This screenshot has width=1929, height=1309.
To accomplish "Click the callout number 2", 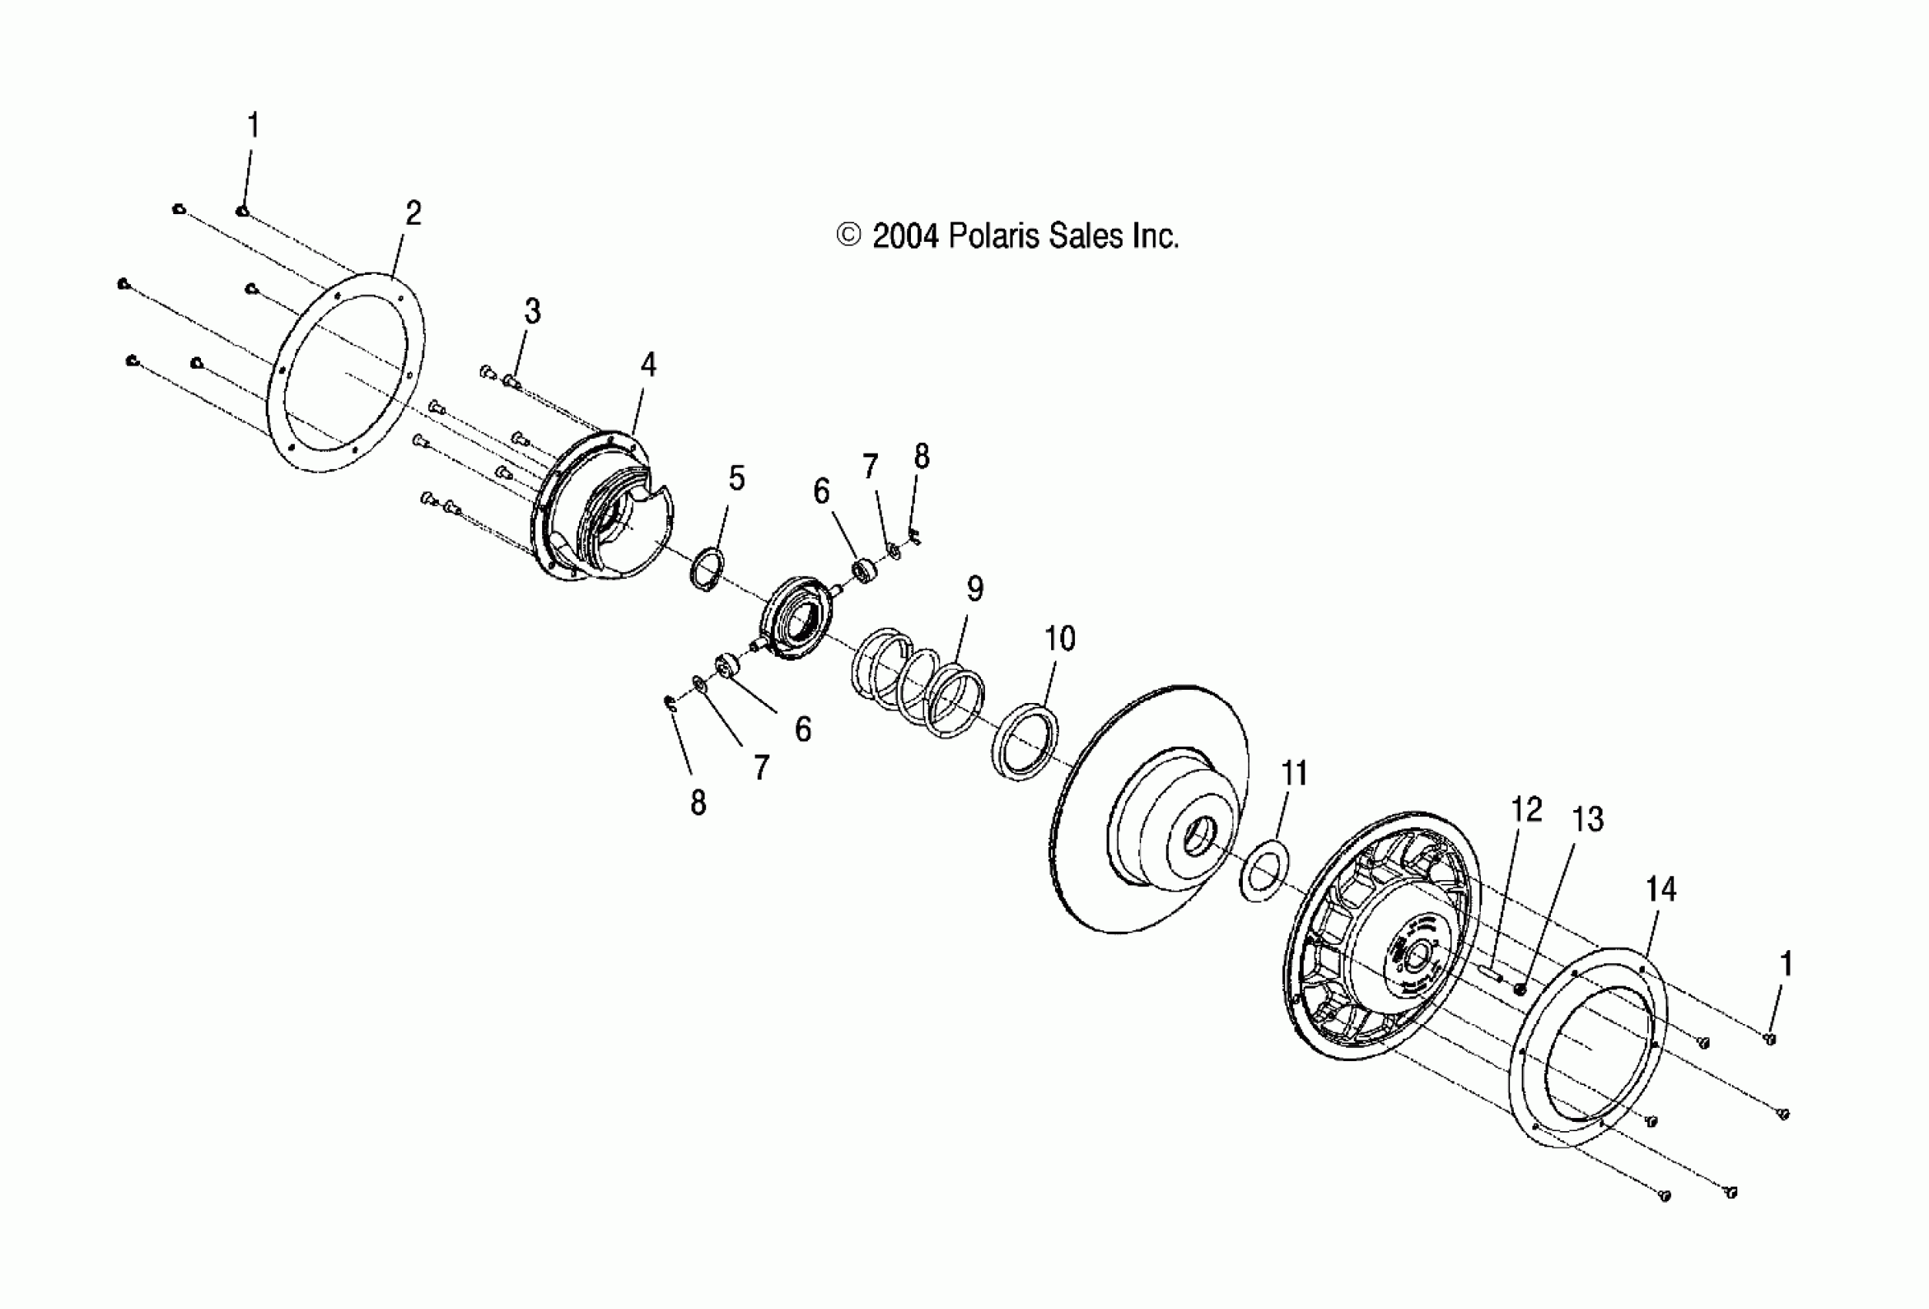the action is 413,214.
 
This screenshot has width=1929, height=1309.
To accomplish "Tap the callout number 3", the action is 532,311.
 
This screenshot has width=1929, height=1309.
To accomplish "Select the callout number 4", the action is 648,364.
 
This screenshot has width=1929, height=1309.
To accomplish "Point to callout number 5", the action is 736,478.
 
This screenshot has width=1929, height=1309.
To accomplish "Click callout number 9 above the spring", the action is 976,588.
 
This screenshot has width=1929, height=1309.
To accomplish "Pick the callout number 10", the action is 1059,638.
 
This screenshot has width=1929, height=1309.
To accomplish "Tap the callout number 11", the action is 1294,773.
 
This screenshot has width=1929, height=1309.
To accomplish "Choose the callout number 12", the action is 1525,809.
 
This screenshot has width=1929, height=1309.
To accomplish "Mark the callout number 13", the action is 1588,819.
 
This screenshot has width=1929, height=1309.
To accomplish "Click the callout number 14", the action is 1661,889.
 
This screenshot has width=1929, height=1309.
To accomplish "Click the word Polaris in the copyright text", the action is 995,236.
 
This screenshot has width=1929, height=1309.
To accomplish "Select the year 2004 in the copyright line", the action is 906,236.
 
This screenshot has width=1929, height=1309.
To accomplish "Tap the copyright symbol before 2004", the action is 849,236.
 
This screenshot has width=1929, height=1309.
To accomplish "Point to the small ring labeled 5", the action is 707,570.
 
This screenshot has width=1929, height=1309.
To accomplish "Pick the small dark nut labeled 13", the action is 1520,989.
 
